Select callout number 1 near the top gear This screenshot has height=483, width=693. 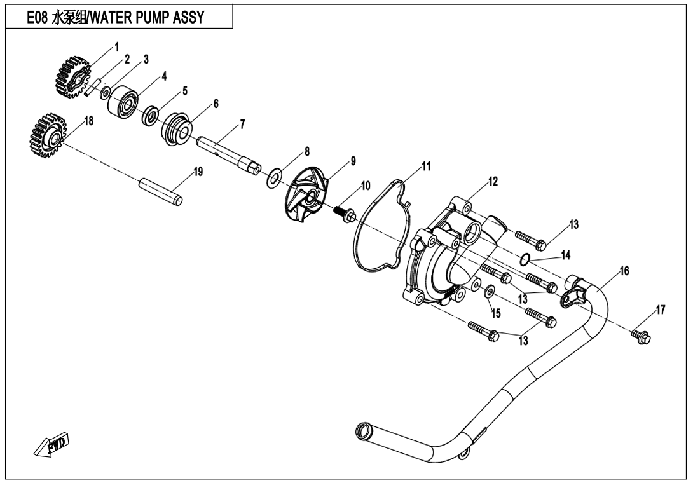pyautogui.click(x=116, y=46)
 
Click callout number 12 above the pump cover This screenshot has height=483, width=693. pyautogui.click(x=493, y=182)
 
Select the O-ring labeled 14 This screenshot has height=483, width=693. pyautogui.click(x=525, y=259)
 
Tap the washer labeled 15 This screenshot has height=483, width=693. pyautogui.click(x=490, y=292)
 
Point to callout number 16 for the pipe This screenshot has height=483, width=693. pyautogui.click(x=624, y=271)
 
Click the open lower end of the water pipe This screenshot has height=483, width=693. pyautogui.click(x=363, y=432)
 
